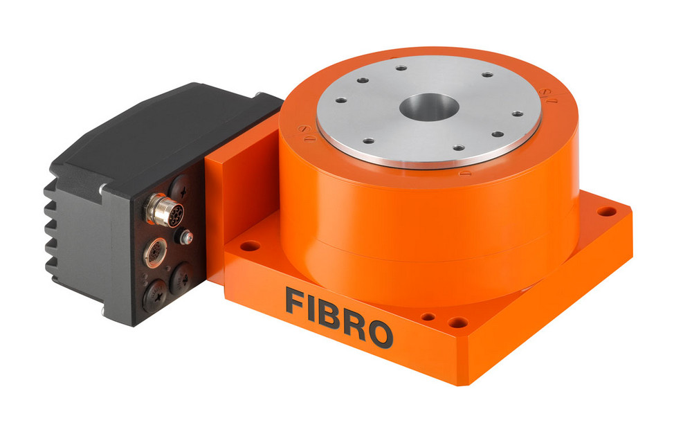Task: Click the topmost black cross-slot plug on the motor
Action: point(179,188)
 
